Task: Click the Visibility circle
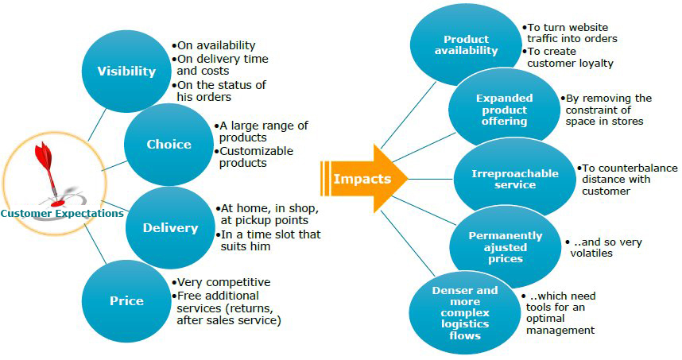click(126, 72)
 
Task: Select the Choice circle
click(169, 145)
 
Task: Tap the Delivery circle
click(170, 228)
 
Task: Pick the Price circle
click(126, 301)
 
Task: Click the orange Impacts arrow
click(363, 179)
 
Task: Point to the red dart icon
click(47, 169)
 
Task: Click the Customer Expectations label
click(62, 213)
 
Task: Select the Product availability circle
click(466, 45)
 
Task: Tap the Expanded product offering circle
click(504, 109)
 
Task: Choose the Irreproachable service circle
click(514, 179)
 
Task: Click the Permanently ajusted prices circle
click(505, 247)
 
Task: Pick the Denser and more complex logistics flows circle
click(464, 312)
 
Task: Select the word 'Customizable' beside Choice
click(256, 151)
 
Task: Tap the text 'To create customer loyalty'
click(570, 57)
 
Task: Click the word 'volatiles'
click(591, 253)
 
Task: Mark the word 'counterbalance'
click(630, 168)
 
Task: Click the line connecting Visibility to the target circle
click(98, 125)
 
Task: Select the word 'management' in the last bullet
click(560, 331)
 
